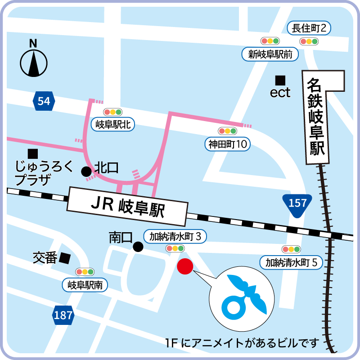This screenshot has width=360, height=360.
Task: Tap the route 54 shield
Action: coord(44,101)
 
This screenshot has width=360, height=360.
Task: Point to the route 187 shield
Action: coord(63,315)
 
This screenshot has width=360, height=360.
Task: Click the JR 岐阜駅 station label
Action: coord(127,207)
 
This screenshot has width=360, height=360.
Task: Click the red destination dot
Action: coord(184,266)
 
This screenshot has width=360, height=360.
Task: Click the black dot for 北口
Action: coord(85,171)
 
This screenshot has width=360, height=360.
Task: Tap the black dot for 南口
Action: coord(138,246)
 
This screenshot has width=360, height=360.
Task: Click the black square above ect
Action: coord(280,80)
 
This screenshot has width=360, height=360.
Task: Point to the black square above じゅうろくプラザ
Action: coord(32,153)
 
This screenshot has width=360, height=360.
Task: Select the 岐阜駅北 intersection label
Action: coord(113,124)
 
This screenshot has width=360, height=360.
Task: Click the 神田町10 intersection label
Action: coord(228,144)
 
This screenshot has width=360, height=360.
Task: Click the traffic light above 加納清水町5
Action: coord(291,249)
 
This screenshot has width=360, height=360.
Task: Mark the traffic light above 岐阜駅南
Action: coord(85,272)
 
